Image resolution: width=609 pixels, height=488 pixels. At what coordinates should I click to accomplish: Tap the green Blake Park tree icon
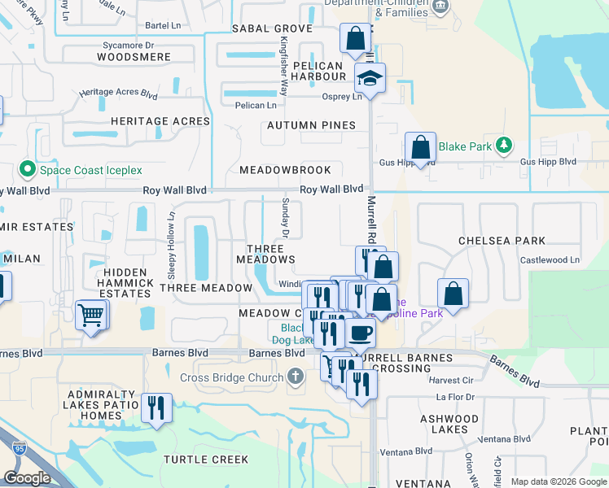pyautogui.click(x=505, y=146)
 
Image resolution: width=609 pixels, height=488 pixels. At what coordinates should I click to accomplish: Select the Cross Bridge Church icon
pyautogui.click(x=295, y=377)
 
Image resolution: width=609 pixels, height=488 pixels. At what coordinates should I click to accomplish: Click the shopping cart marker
pyautogui.click(x=91, y=314)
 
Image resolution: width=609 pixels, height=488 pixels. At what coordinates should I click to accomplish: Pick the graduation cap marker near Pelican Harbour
pyautogui.click(x=370, y=79)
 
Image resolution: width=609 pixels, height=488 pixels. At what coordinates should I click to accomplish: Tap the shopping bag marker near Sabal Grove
pyautogui.click(x=356, y=38)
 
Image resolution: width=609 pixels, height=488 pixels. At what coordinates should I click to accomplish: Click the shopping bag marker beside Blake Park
pyautogui.click(x=420, y=148)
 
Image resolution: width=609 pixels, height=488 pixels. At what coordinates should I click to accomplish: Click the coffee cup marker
pyautogui.click(x=360, y=332)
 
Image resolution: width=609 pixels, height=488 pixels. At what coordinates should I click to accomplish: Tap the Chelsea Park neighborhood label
pyautogui.click(x=502, y=241)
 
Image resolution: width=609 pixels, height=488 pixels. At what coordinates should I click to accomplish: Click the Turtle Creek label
pyautogui.click(x=206, y=460)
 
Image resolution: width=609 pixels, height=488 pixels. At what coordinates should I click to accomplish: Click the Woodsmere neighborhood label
pyautogui.click(x=134, y=57)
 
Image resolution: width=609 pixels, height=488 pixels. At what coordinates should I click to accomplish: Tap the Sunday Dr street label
pyautogui.click(x=286, y=216)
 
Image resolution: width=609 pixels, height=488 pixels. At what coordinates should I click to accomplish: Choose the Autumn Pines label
pyautogui.click(x=312, y=125)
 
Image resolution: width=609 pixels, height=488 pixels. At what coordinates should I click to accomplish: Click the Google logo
pyautogui.click(x=28, y=479)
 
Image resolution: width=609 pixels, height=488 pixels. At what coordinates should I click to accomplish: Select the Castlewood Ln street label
pyautogui.click(x=551, y=259)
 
